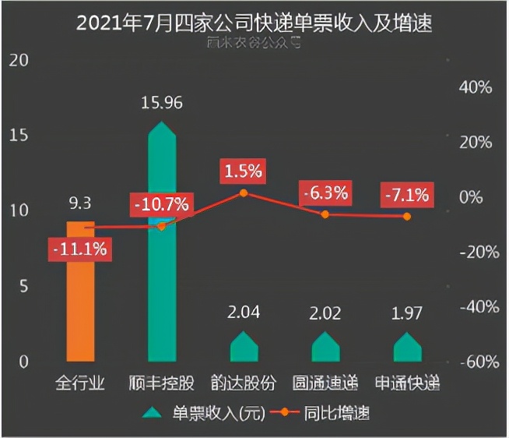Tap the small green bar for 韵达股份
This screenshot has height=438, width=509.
pyautogui.click(x=244, y=348)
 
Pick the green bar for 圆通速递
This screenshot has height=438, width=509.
pyautogui.click(x=325, y=348)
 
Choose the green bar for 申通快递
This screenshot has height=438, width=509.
pyautogui.click(x=407, y=348)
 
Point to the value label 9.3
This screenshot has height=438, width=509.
pyautogui.click(x=80, y=204)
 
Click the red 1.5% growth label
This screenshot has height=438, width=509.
pyautogui.click(x=243, y=170)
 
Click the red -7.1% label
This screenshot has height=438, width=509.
pyautogui.click(x=406, y=195)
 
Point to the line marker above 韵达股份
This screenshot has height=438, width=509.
pyautogui.click(x=244, y=193)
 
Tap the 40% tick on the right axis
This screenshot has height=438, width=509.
pyautogui.click(x=476, y=88)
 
